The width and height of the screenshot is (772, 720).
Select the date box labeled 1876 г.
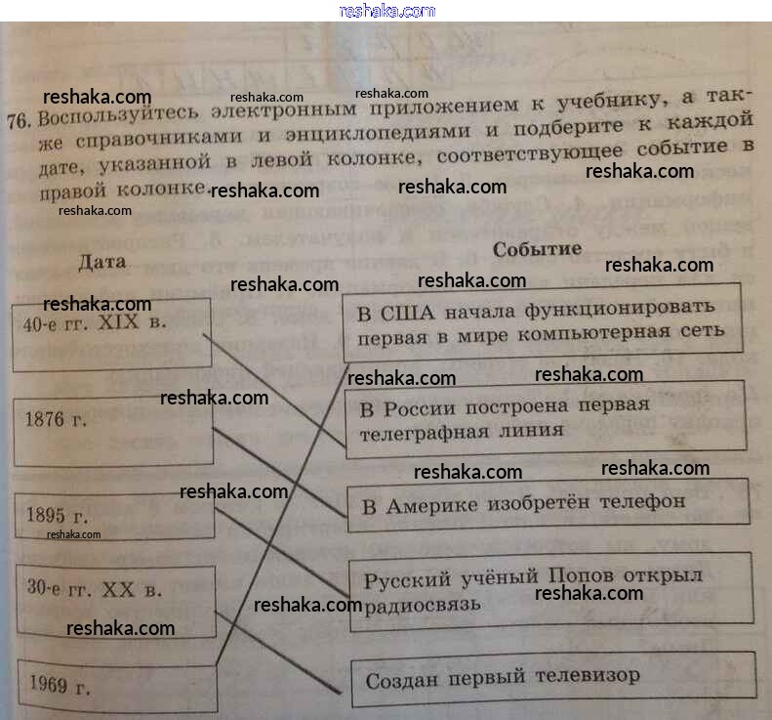tap(114, 431)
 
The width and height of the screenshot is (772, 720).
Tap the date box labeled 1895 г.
tap(115, 515)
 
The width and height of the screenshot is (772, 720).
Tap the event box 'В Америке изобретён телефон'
tap(548, 503)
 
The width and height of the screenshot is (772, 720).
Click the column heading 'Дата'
tap(102, 262)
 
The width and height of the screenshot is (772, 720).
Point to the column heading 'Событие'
tap(537, 248)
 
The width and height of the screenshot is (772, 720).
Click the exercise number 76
tap(19, 121)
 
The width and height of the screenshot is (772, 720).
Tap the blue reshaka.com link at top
tap(387, 11)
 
